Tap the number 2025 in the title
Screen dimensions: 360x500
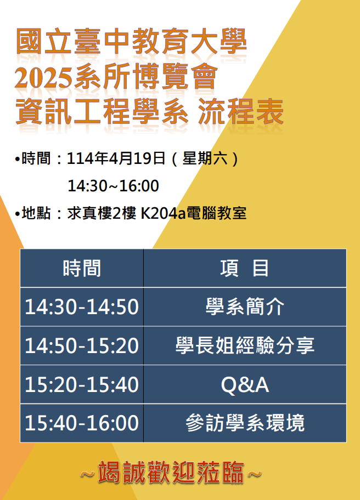43,77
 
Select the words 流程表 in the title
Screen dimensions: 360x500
241,111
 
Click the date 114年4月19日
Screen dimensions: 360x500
116,158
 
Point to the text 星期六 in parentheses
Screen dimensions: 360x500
205,158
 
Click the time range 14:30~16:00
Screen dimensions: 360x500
113,186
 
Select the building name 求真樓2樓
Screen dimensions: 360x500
102,213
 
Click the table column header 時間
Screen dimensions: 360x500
82,268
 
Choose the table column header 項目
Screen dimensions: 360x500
244,268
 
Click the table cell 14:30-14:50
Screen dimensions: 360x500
82,307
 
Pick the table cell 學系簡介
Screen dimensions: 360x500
245,307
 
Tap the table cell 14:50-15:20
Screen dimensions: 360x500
82,345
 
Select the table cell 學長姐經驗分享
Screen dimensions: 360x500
245,345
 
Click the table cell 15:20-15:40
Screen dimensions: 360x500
82,384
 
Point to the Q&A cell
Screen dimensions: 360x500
245,385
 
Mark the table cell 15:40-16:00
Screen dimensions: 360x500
82,423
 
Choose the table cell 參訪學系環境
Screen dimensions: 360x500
245,423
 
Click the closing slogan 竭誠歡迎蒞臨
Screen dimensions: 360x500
171,473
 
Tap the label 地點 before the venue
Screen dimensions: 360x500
36,213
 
